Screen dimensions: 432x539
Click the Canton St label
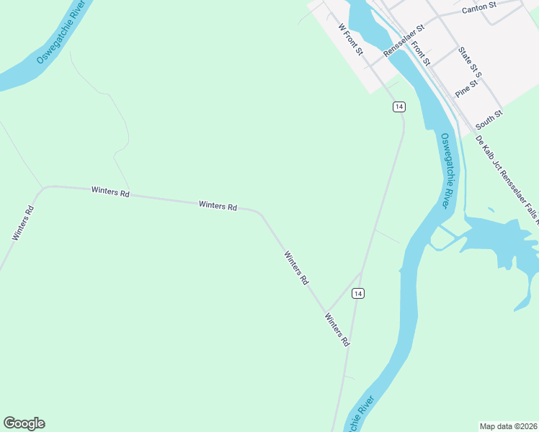(479, 7)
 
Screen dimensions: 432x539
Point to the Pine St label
(466, 89)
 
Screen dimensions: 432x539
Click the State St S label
(470, 63)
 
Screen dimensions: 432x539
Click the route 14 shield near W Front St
(399, 107)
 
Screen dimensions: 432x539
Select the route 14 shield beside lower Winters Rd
(358, 293)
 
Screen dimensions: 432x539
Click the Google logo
(24, 423)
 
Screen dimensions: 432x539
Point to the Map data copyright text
(509, 426)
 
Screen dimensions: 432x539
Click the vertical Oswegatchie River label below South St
(448, 171)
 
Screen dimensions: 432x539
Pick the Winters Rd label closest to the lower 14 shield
(337, 330)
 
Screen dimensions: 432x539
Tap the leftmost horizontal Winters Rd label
(110, 192)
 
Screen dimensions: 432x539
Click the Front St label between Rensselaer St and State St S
(420, 53)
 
